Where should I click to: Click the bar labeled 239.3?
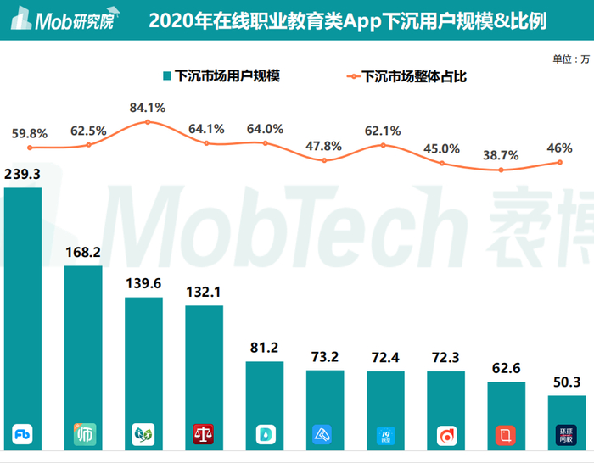tap(23, 305)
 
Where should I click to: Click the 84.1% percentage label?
tap(148, 108)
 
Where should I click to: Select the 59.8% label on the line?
tap(30, 133)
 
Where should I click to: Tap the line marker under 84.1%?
tap(148, 122)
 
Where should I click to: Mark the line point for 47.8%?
tap(324, 159)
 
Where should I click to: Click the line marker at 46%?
tap(560, 162)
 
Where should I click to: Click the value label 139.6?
tap(143, 285)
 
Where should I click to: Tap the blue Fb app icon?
tap(23, 435)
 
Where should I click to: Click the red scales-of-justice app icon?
tap(204, 435)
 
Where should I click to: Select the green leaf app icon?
tap(143, 435)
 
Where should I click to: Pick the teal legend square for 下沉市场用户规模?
tap(166, 76)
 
